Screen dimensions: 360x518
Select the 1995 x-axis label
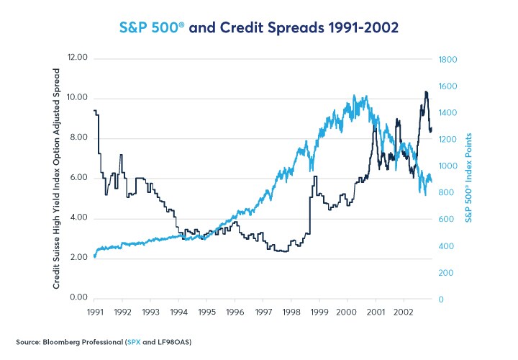tap(206, 312)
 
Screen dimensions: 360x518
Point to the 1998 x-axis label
tap(291, 312)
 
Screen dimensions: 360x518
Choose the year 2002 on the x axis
tap(403, 312)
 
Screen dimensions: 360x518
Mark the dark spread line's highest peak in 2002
tap(426, 91)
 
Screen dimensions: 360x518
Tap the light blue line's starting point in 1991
tap(95, 256)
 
